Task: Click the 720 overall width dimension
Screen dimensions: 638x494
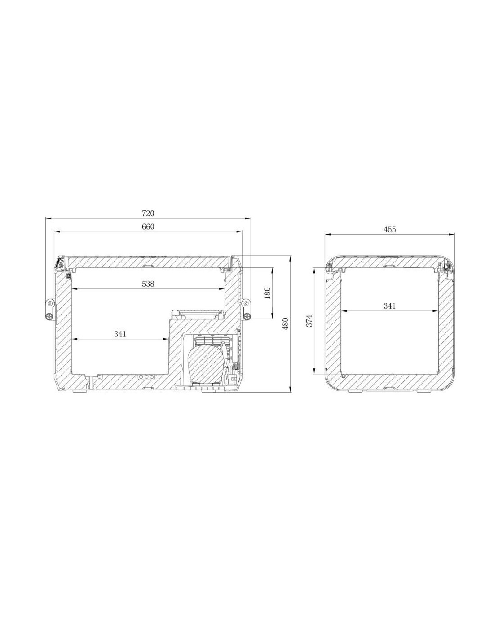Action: (148, 214)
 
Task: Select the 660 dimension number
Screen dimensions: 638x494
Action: (148, 227)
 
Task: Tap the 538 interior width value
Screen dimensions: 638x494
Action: (148, 284)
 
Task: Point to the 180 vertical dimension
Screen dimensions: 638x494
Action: (267, 293)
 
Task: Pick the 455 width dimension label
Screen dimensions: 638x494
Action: (390, 229)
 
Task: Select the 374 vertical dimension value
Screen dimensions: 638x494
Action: (309, 321)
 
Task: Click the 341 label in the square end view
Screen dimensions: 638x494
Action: (389, 306)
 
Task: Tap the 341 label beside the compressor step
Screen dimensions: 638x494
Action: (120, 334)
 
